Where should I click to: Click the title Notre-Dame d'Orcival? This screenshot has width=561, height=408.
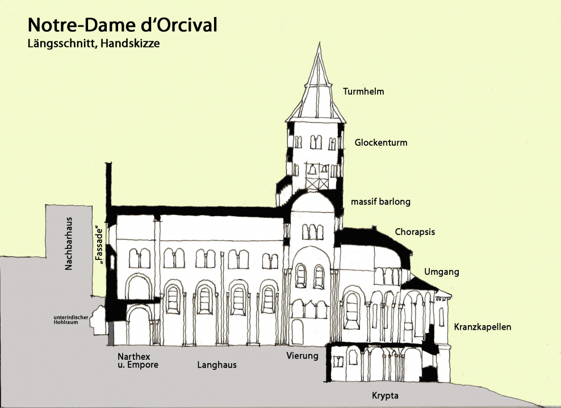[x=123, y=25]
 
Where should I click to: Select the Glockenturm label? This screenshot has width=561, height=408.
[x=381, y=143]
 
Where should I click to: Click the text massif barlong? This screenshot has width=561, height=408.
[x=380, y=201]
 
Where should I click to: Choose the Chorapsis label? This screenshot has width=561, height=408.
[x=416, y=232]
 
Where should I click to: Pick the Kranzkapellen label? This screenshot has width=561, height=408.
[x=483, y=327]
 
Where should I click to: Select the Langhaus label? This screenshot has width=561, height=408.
[x=217, y=365]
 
